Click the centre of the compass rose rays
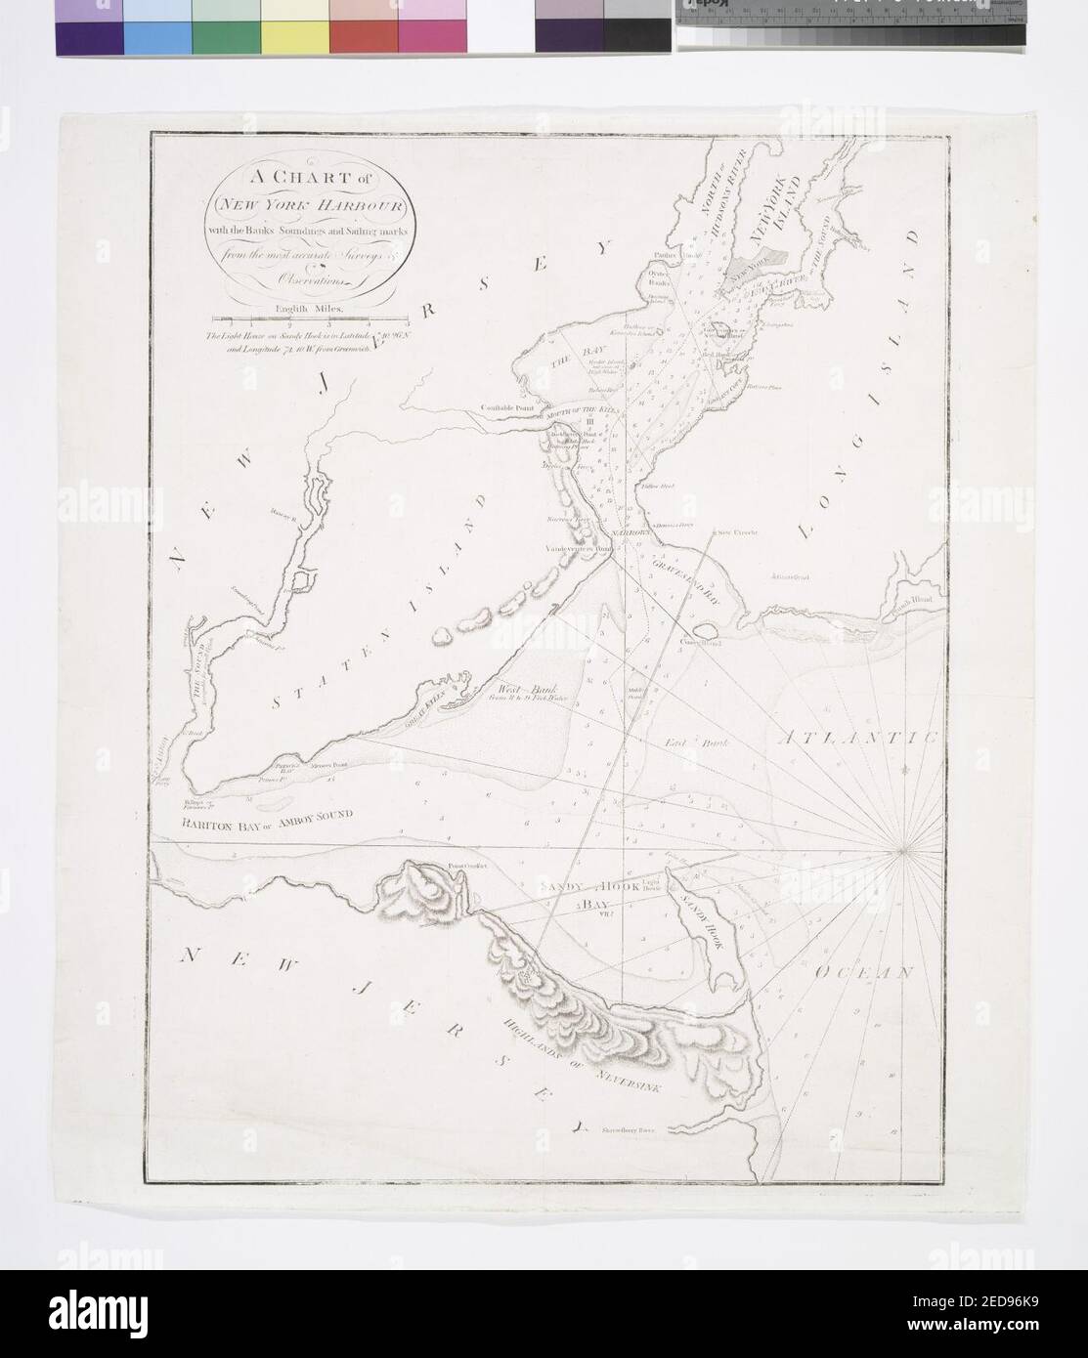[902, 853]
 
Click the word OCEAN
[864, 975]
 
